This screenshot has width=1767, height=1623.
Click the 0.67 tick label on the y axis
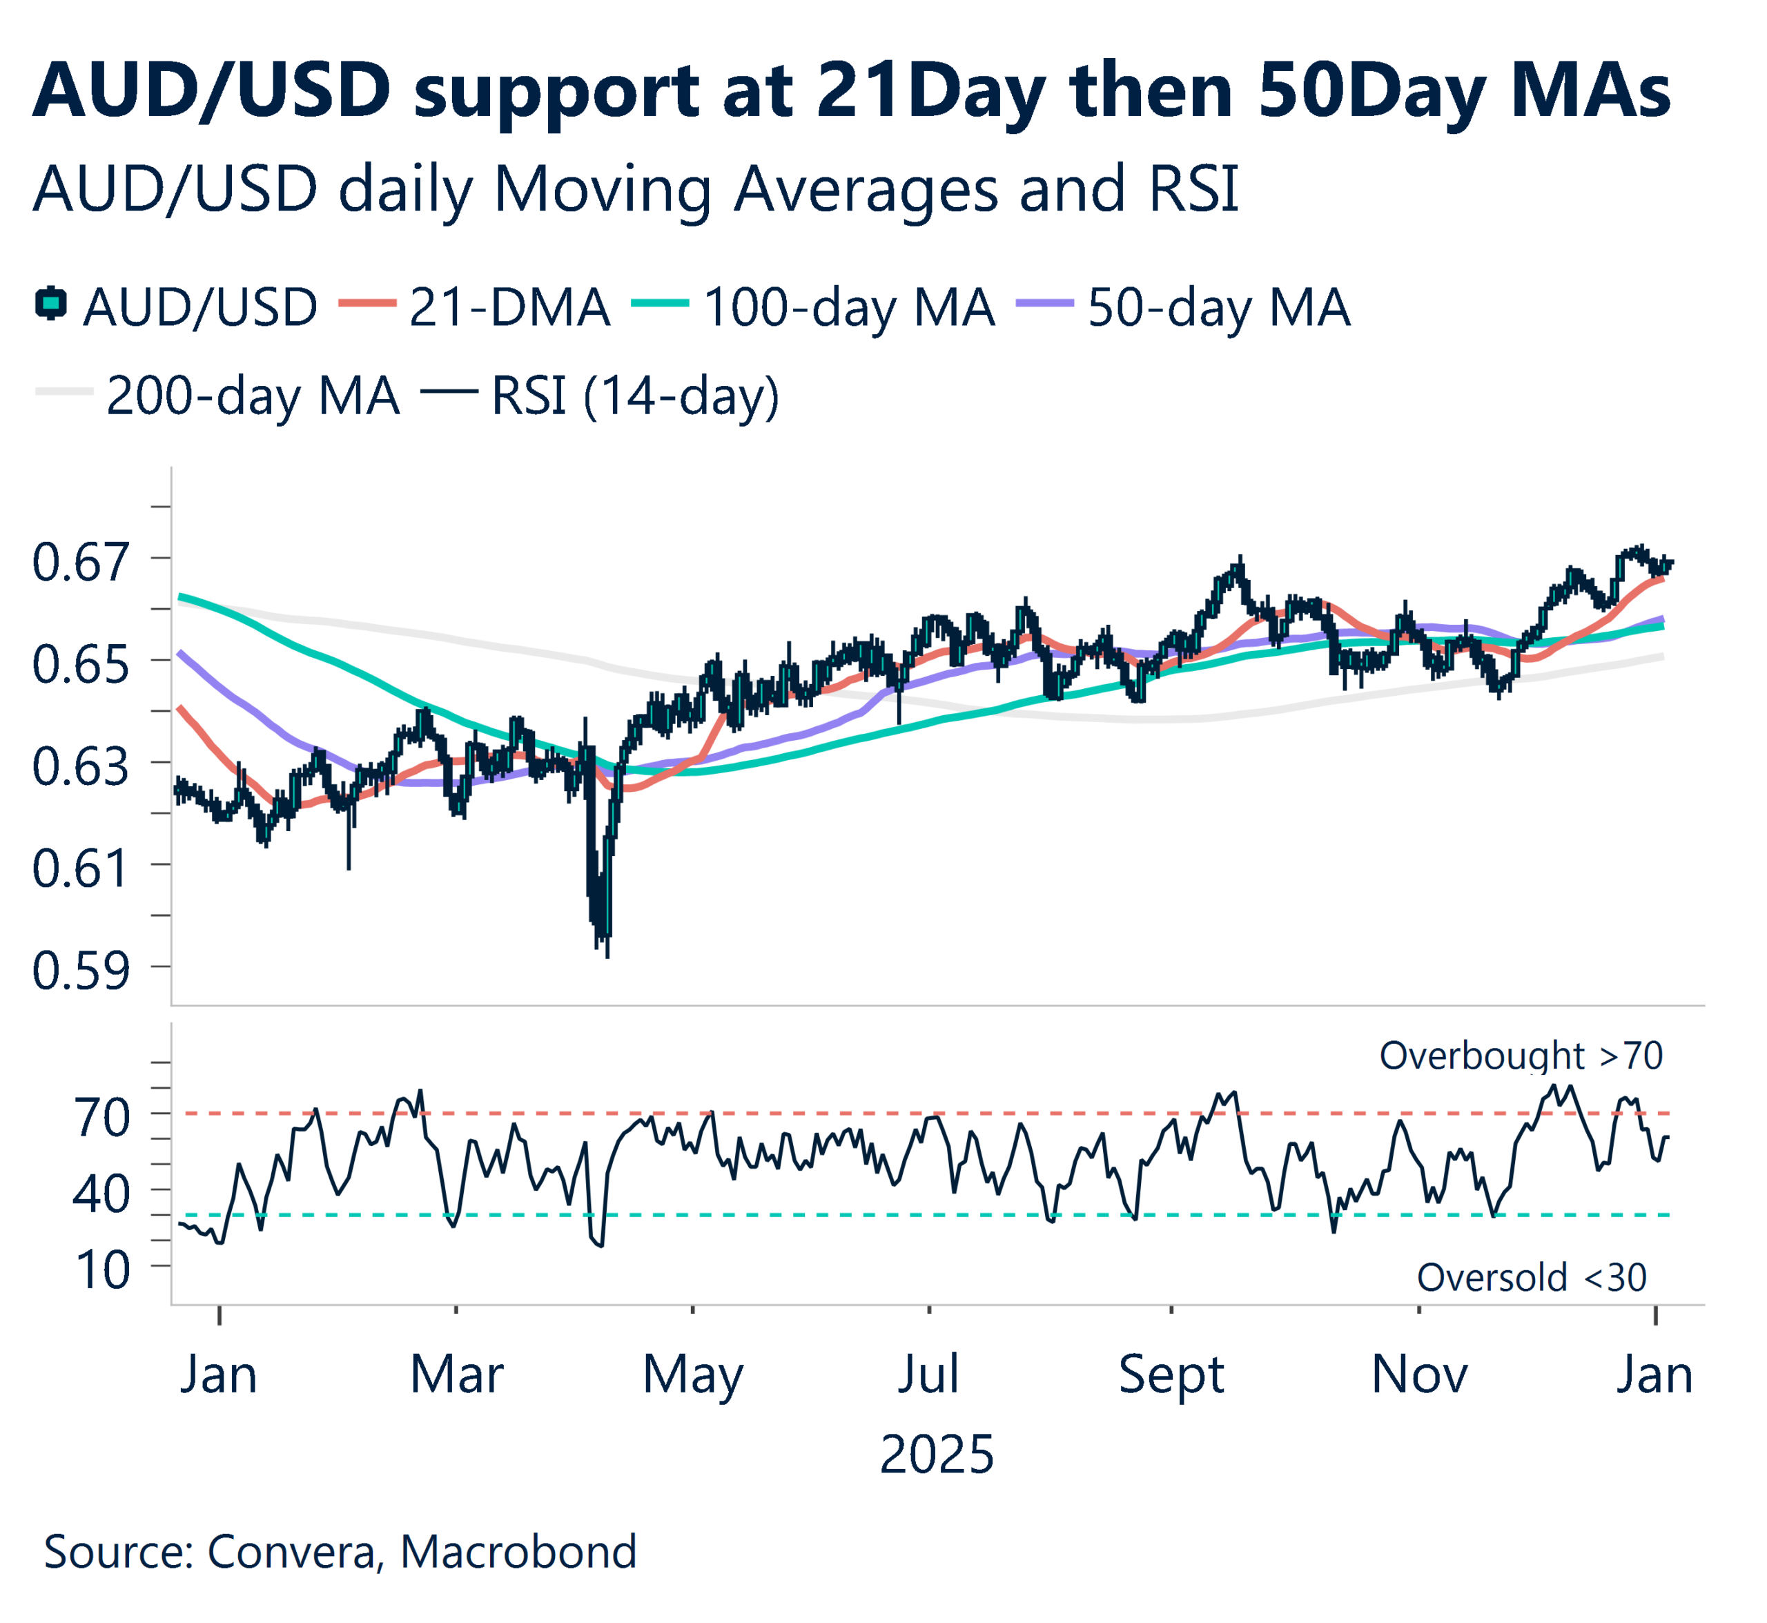coord(81,563)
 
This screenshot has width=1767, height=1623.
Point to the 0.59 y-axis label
coord(81,971)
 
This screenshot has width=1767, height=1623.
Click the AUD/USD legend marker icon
coord(51,304)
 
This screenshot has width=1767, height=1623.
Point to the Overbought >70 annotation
coord(1521,1056)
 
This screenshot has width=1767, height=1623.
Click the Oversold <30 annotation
coord(1532,1278)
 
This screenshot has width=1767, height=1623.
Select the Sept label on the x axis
coord(1171,1375)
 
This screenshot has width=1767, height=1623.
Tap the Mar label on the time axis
coord(457,1375)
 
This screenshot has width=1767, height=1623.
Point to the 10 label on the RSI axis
coord(103,1271)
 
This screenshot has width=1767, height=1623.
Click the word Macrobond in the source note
coord(518,1552)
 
